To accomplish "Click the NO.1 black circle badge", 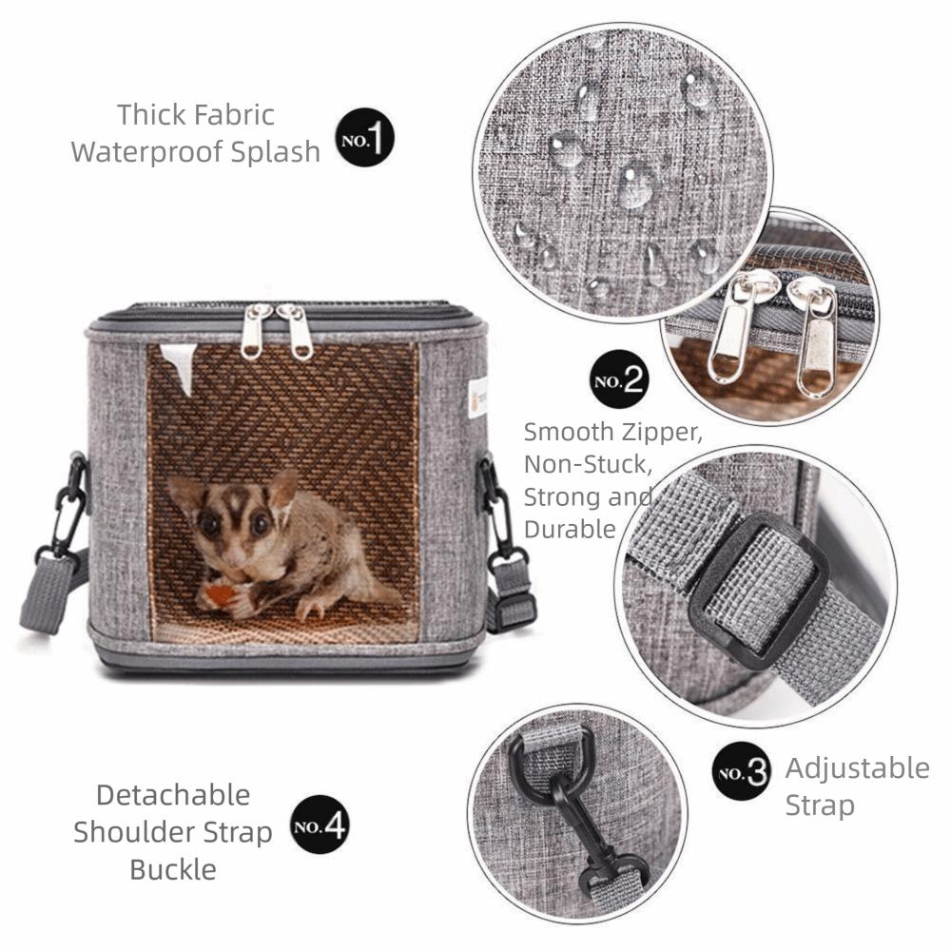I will click(365, 139).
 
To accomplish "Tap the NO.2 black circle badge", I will click(618, 381).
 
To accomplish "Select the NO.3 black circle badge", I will click(742, 771).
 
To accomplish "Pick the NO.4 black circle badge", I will click(320, 824).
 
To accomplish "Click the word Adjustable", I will click(857, 768).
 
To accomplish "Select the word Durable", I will click(570, 529).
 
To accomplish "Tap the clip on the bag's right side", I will click(500, 514).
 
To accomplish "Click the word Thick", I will click(152, 115).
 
